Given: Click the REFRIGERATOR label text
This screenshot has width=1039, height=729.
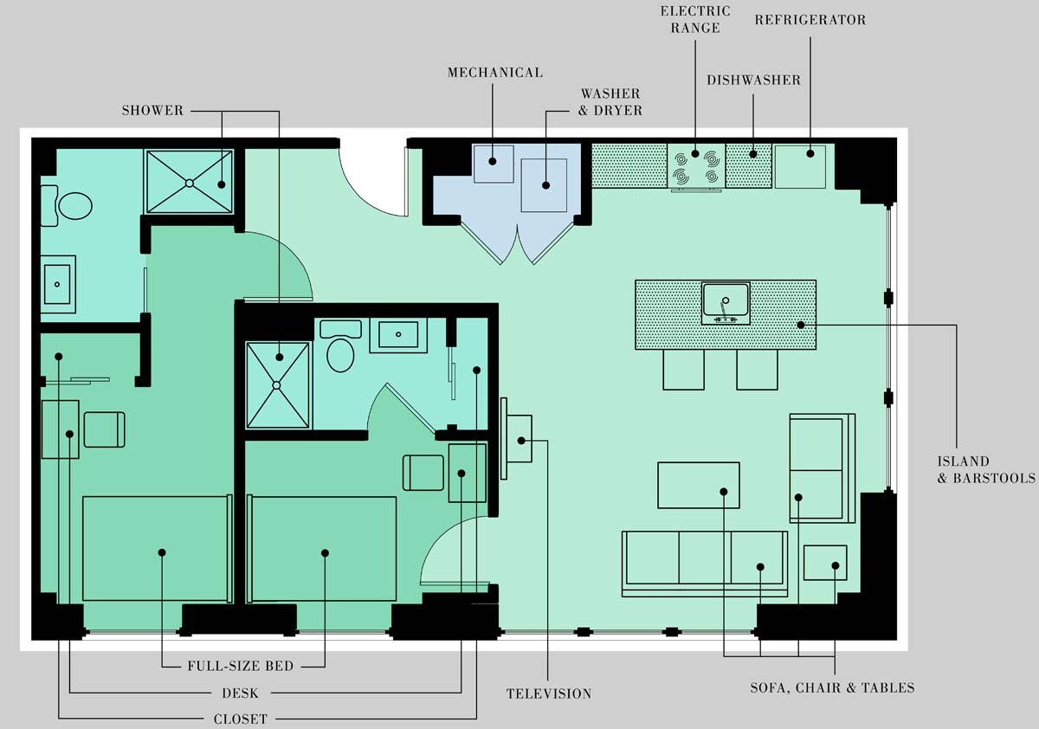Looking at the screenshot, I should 810,20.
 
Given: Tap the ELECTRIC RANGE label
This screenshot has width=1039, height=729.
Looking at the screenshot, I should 695,19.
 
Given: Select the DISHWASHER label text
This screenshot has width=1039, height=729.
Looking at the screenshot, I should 753,80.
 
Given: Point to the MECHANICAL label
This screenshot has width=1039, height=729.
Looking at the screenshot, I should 494,73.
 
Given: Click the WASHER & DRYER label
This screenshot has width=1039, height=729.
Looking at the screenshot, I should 610,101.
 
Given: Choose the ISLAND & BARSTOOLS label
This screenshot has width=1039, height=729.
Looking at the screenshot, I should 986,469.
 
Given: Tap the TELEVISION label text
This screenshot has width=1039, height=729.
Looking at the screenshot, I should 549,694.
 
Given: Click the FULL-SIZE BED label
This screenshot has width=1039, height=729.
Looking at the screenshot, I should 241,667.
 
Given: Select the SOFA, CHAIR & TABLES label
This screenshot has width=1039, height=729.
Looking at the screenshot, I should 832,688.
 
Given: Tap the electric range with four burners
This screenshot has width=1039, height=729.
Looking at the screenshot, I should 696,165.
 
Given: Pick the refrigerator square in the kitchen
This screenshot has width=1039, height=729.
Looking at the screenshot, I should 800,165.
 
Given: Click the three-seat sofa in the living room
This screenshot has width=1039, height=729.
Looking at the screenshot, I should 705,559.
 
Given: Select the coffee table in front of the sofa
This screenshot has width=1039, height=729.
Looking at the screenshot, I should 698,485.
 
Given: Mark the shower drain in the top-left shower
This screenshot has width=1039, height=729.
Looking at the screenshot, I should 189,183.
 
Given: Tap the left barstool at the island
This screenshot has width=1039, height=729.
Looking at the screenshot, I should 683,370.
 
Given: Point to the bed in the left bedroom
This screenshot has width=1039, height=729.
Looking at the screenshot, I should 156,548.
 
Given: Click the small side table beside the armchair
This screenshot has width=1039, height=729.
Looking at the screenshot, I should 824,563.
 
